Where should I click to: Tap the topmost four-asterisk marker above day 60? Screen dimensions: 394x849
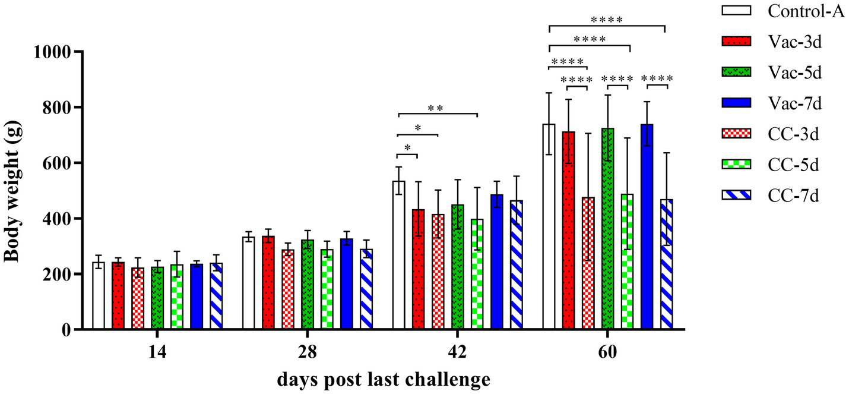pos(607,20)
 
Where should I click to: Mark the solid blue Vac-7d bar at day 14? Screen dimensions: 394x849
pos(197,297)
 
